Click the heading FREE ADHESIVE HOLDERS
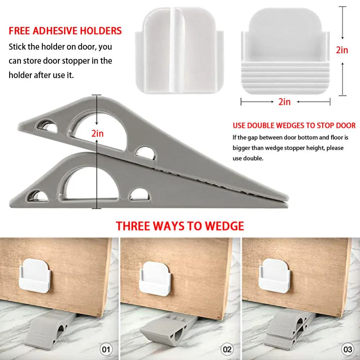[65, 31]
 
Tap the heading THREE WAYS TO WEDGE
[180, 226]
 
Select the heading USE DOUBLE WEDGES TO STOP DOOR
[294, 125]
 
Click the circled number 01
[106, 350]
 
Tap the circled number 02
[227, 350]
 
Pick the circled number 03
[347, 350]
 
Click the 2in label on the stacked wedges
[98, 134]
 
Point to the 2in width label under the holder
[284, 102]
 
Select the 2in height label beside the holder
[342, 50]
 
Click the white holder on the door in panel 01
[35, 276]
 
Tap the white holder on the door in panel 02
[156, 278]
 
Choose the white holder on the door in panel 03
[275, 276]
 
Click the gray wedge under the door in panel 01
[49, 328]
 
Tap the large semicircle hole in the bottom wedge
[90, 185]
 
